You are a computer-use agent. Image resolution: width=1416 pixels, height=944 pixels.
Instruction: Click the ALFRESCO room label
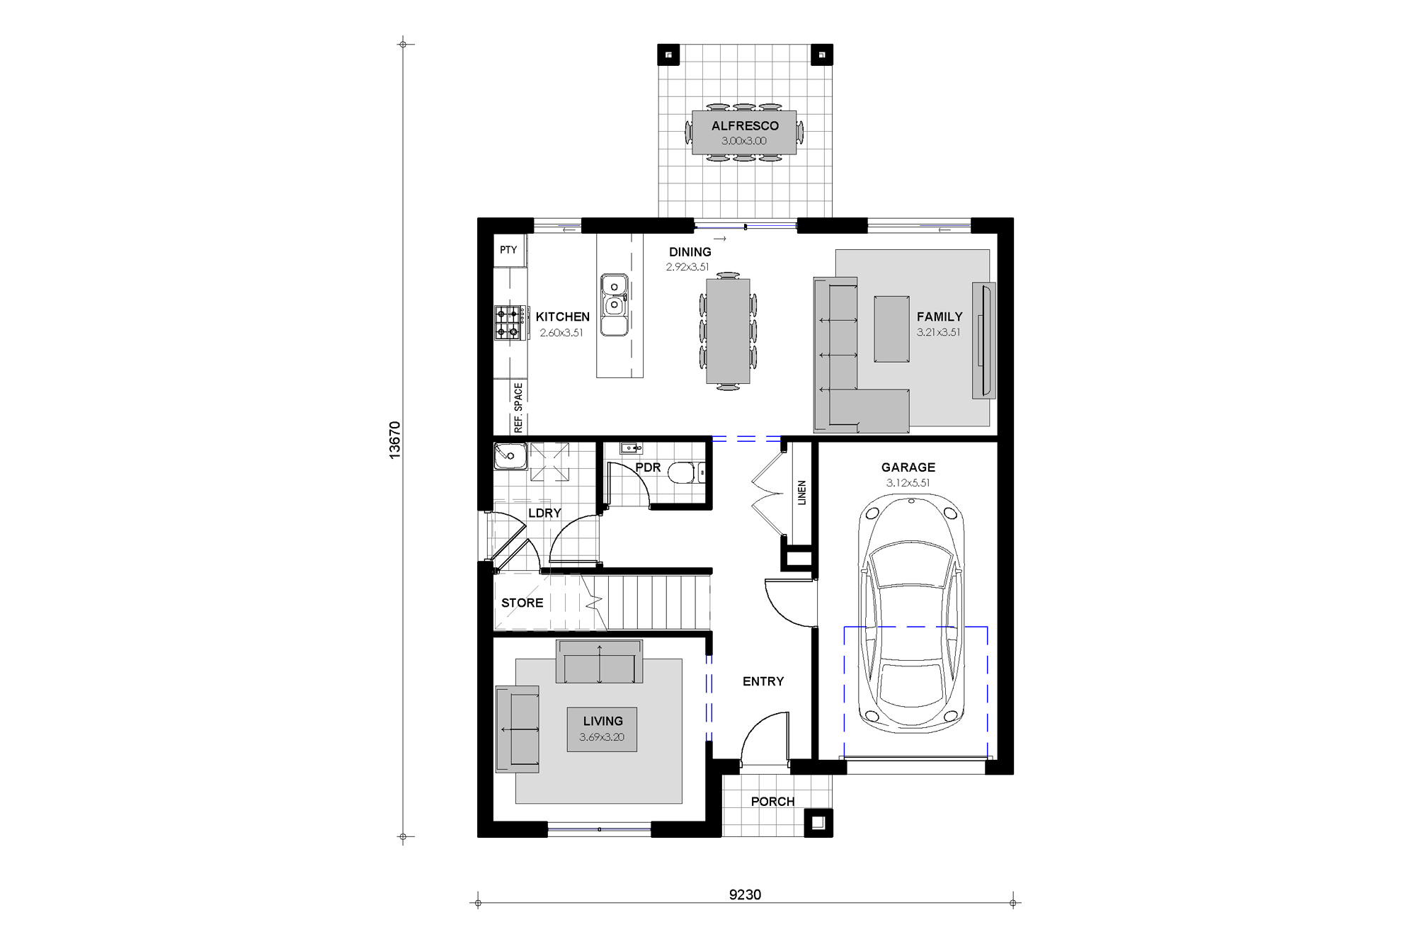point(744,126)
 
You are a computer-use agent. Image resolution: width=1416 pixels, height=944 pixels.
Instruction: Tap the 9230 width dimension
point(745,894)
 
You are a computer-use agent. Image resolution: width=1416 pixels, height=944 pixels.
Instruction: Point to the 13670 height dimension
point(395,440)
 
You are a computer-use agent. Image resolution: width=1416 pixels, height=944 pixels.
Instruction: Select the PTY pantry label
point(508,250)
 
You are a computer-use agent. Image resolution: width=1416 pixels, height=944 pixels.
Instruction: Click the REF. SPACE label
point(519,407)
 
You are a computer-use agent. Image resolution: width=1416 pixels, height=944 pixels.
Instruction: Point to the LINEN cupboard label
point(801,492)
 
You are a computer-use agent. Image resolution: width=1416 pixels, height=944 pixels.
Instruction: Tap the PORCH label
point(772,801)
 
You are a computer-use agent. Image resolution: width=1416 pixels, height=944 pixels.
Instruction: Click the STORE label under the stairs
point(522,603)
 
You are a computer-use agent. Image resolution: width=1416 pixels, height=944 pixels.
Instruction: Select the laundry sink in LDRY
point(510,457)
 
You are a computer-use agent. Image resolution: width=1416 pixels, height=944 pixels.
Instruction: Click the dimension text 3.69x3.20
point(602,737)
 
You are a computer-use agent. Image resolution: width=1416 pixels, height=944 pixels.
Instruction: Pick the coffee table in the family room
point(891,329)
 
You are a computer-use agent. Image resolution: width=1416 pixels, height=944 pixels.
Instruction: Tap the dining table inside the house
point(727,331)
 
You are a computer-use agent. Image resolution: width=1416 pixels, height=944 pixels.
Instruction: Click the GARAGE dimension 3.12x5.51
point(908,483)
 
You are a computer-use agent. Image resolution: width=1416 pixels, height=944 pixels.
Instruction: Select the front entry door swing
point(765,740)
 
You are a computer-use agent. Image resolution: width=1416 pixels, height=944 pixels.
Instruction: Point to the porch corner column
point(818,822)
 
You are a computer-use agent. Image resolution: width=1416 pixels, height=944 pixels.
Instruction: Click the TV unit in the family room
point(983,340)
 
